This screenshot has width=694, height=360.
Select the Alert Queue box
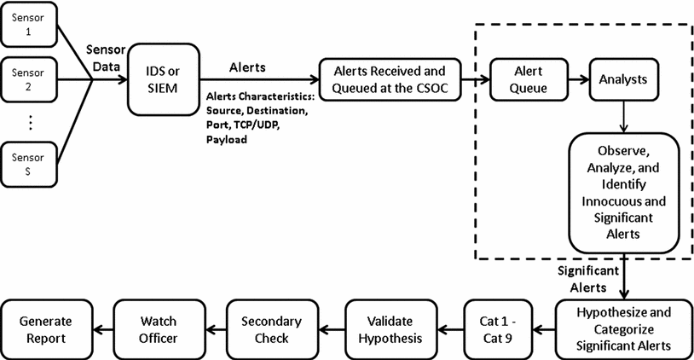point(523,79)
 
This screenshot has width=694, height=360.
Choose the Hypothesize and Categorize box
point(623,328)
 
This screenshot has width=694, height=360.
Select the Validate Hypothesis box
point(388,328)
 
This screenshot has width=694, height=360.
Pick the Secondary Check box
point(269,328)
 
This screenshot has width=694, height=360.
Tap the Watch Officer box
point(158,328)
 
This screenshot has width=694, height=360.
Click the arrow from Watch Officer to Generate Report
point(102,328)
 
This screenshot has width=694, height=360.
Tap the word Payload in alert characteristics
point(227,139)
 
